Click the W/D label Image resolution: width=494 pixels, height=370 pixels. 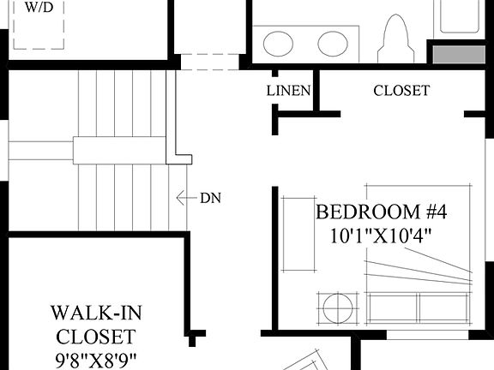pyautogui.click(x=37, y=8)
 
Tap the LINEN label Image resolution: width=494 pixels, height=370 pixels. pyautogui.click(x=288, y=91)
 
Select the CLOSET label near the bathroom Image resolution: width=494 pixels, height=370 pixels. pyautogui.click(x=401, y=91)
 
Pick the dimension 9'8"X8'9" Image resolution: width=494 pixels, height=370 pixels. pyautogui.click(x=94, y=358)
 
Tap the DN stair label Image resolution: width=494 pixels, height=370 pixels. pyautogui.click(x=211, y=199)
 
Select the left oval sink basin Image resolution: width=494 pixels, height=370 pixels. pyautogui.click(x=278, y=43)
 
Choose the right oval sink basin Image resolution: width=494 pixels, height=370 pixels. pyautogui.click(x=332, y=43)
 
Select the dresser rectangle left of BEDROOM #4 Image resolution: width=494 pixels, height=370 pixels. pyautogui.click(x=299, y=235)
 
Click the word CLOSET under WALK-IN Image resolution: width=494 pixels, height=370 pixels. pyautogui.click(x=94, y=335)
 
